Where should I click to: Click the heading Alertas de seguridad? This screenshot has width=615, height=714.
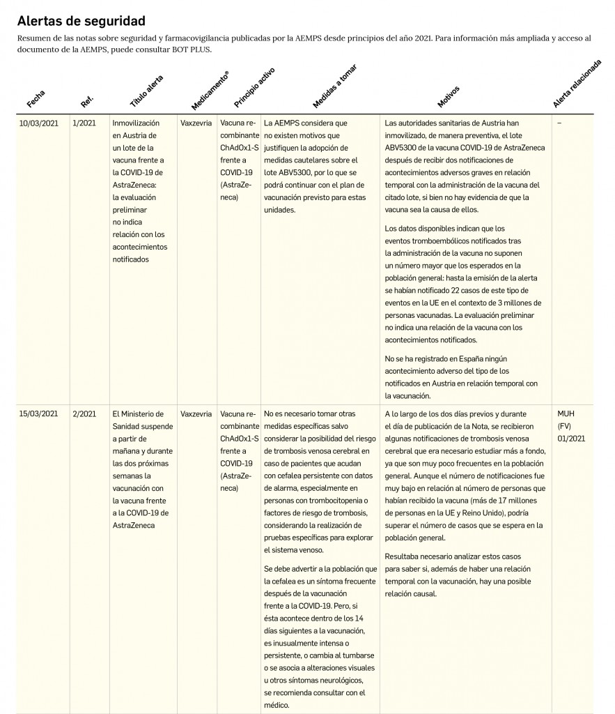(81, 21)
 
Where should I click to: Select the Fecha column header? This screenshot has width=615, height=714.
(36, 99)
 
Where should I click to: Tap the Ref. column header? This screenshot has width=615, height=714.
(87, 100)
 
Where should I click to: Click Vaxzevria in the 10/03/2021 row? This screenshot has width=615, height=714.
(196, 123)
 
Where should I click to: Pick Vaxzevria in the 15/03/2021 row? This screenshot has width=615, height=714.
(196, 413)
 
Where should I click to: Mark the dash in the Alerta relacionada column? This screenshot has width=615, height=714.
(559, 123)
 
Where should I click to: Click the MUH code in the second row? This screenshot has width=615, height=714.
(566, 413)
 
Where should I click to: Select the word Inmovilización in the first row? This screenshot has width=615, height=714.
(135, 123)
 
